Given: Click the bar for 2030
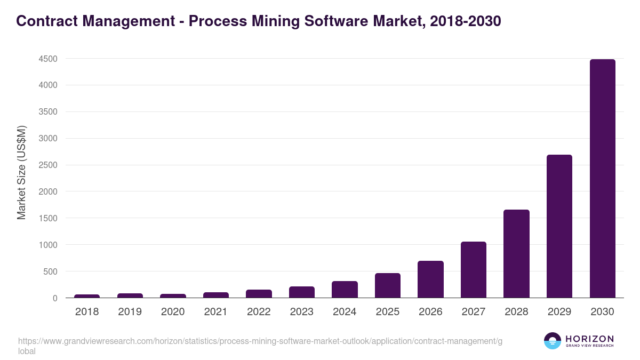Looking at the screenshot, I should (x=602, y=178).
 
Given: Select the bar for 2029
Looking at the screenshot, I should (x=559, y=226).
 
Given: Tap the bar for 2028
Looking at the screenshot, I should (x=516, y=254).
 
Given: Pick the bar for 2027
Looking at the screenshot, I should (x=474, y=270).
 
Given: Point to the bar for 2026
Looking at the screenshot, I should (x=430, y=279).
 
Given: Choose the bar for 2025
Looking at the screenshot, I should (x=388, y=285).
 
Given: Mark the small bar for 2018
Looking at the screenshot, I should (x=87, y=296).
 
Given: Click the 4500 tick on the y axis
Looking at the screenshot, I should (x=47, y=59).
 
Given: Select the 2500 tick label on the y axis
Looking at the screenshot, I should (x=47, y=165).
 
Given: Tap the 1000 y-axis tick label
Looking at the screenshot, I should (x=47, y=245).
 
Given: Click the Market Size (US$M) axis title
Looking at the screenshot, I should (x=21, y=172).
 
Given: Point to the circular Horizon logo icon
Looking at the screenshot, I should (x=552, y=341).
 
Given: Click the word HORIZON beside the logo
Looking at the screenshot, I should (x=589, y=339).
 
